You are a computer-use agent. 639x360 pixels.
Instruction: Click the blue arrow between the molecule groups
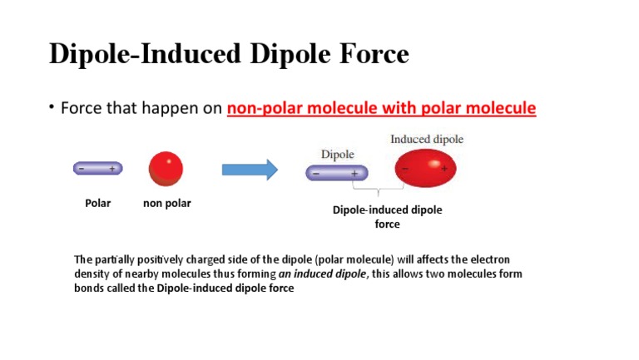(249, 170)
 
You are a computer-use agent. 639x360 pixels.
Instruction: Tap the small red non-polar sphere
(166, 169)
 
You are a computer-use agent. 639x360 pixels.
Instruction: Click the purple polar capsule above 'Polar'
(97, 169)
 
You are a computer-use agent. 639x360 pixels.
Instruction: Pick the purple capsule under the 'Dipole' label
(338, 173)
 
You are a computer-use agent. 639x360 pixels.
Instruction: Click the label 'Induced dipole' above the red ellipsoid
(427, 139)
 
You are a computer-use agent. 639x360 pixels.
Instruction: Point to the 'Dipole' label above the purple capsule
(337, 155)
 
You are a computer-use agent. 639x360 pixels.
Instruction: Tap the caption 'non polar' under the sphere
(166, 203)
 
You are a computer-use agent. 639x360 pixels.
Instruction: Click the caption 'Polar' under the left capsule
(98, 203)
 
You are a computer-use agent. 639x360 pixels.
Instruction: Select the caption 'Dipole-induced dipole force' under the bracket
(387, 217)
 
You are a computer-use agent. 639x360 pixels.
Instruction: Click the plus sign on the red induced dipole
(444, 168)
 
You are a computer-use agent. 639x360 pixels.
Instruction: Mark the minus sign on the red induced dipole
(405, 168)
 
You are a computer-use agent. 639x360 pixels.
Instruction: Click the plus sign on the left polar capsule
(111, 169)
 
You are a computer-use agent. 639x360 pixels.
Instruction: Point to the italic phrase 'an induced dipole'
(322, 274)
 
